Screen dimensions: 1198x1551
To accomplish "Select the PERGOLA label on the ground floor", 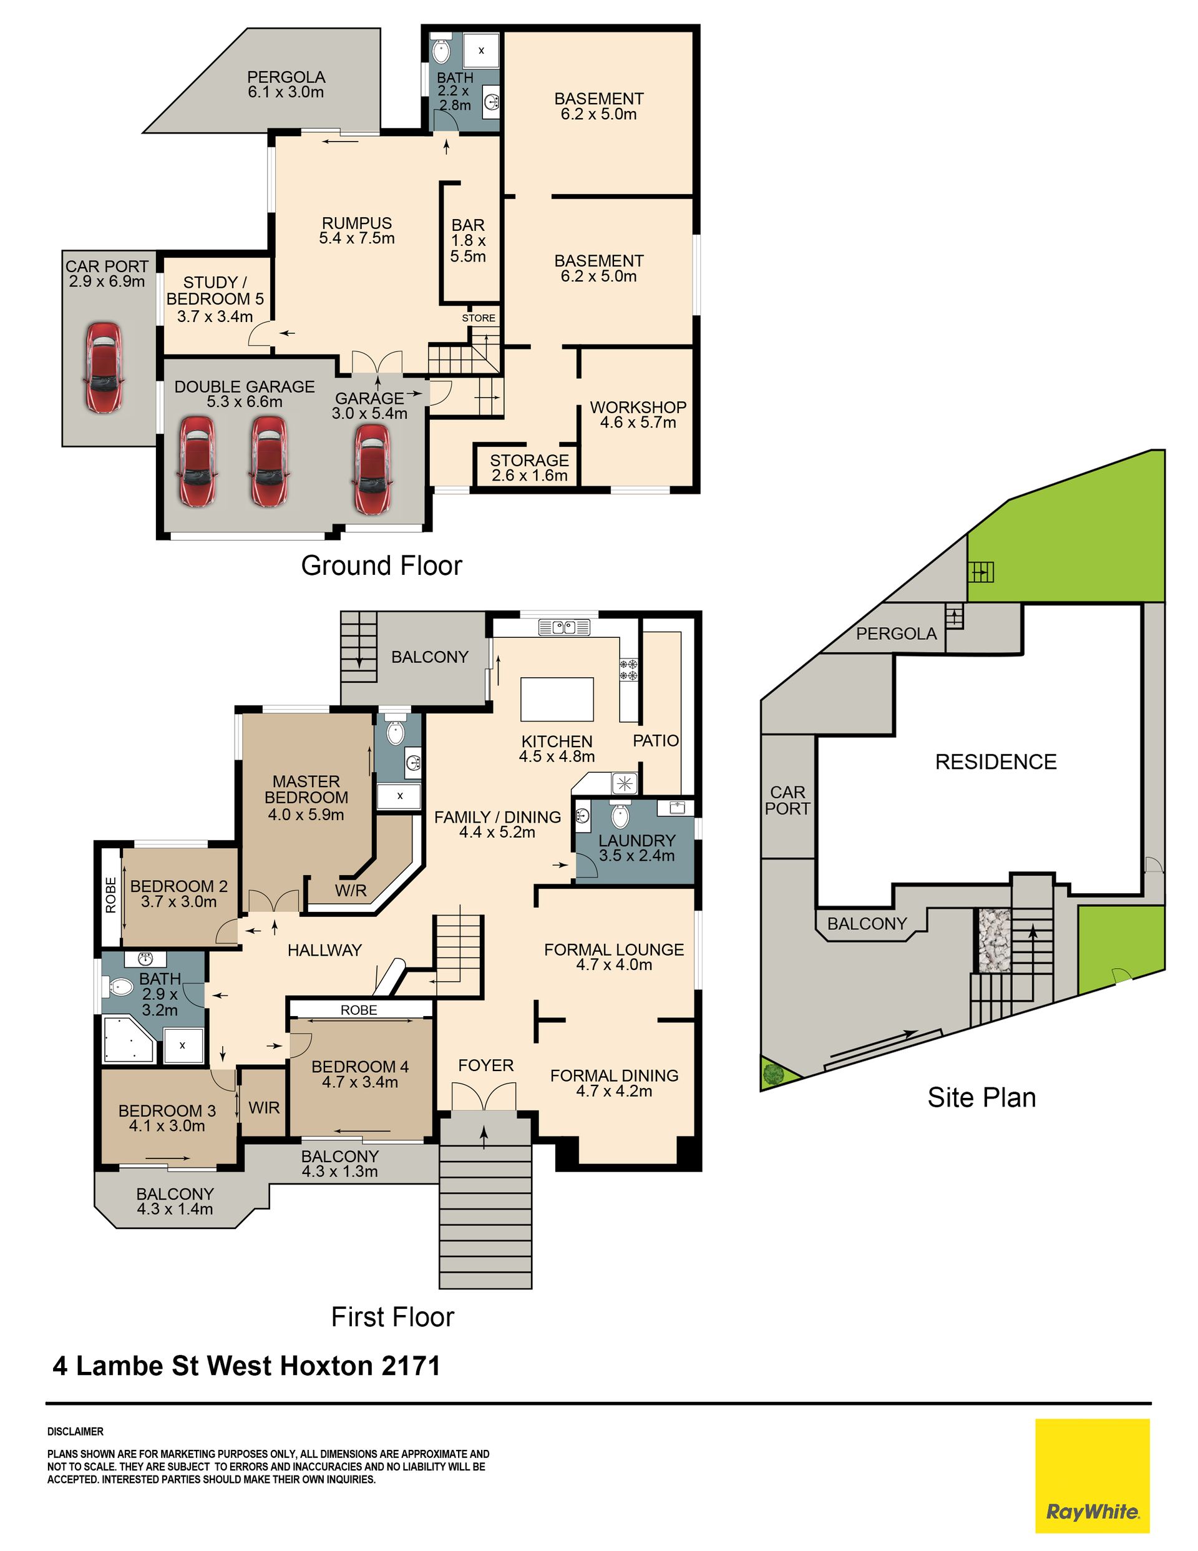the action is coord(286,77).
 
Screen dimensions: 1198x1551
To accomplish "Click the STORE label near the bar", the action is coord(479,318).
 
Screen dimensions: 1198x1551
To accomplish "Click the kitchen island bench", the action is coord(557,699).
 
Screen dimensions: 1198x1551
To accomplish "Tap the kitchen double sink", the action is coord(565,627).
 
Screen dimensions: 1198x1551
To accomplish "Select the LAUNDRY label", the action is coord(636,841).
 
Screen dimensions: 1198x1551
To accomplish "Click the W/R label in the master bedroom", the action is coord(351,891).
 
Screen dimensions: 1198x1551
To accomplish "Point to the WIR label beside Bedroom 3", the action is coord(264,1107).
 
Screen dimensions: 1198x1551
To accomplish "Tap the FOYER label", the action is coord(485,1065).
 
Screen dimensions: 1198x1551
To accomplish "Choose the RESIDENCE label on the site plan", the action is coord(996,762).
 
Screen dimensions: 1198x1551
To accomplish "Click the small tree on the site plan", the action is coord(772,1073).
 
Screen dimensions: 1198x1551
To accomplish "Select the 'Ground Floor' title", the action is coord(381,565).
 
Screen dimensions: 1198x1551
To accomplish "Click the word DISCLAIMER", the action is coord(75,1432).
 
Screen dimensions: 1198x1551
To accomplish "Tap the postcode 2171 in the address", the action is coord(411,1366).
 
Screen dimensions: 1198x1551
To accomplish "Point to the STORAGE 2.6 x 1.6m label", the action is coord(530,468).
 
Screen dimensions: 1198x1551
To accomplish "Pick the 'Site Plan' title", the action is coord(981,1097).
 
